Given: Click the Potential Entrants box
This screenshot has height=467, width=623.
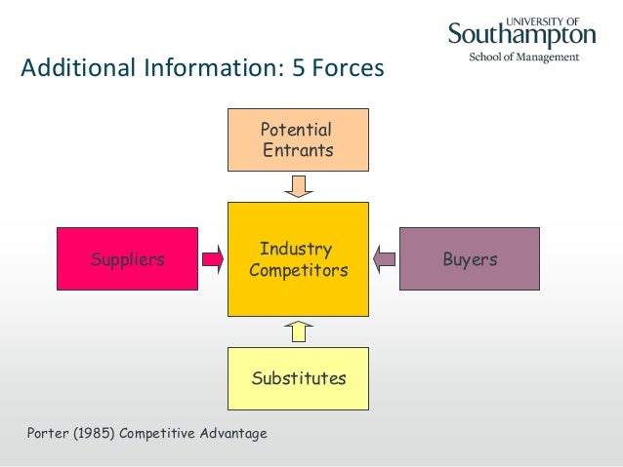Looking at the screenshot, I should tap(298, 140).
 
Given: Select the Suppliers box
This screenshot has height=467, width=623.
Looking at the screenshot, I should tap(127, 259).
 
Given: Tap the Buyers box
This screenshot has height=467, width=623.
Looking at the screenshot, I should tap(469, 259).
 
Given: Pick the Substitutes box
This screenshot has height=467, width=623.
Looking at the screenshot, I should tap(298, 378).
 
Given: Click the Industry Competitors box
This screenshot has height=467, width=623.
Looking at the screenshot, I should tap(298, 259).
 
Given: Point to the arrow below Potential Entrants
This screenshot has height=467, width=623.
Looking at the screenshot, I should tap(298, 185).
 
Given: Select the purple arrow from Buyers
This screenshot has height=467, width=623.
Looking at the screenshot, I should tap(385, 259).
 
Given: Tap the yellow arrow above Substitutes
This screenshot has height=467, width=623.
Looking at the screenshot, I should tap(298, 331).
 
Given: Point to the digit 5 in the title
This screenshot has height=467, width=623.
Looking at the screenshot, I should tap(297, 70).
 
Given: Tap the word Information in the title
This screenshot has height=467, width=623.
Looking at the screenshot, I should tap(208, 70).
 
